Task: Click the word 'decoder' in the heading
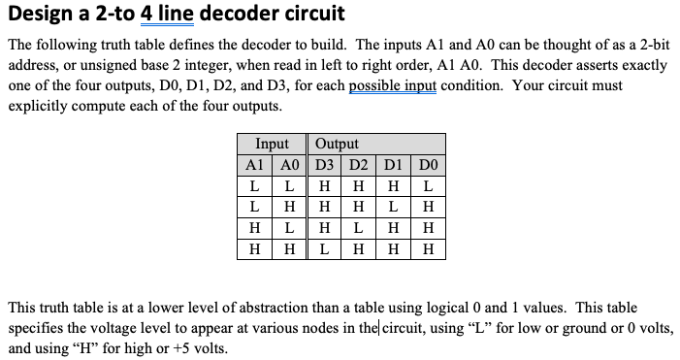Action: tap(226, 16)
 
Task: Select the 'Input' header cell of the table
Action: tap(272, 144)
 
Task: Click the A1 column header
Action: tap(255, 164)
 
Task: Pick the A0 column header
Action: tap(288, 164)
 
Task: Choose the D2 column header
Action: tap(358, 164)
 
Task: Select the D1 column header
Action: tap(393, 164)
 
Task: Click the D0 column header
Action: tap(428, 164)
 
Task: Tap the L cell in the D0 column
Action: tap(428, 184)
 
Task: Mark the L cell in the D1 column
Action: tap(393, 206)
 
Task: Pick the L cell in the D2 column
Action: tap(358, 227)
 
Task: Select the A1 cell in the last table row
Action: tap(255, 248)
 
